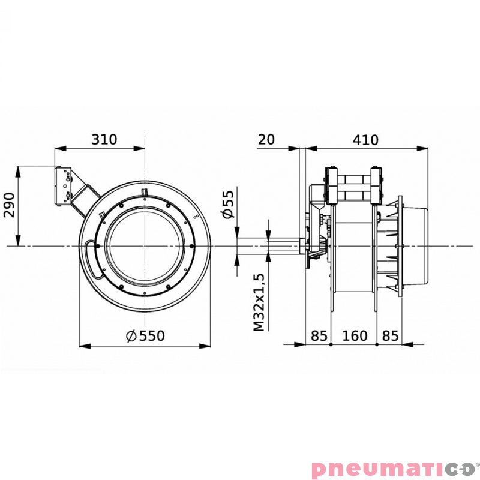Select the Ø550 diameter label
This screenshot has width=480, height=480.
[145, 336]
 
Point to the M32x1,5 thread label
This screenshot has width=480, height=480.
[258, 302]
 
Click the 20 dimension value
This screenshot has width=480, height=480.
[266, 140]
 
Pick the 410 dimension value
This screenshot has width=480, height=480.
[365, 140]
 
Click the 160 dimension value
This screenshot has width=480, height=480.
[354, 336]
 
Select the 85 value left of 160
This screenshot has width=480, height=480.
[319, 336]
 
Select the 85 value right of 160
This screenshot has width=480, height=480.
[390, 336]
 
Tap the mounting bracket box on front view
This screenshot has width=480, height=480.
[64, 187]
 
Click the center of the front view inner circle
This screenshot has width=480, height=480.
[145, 246]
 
